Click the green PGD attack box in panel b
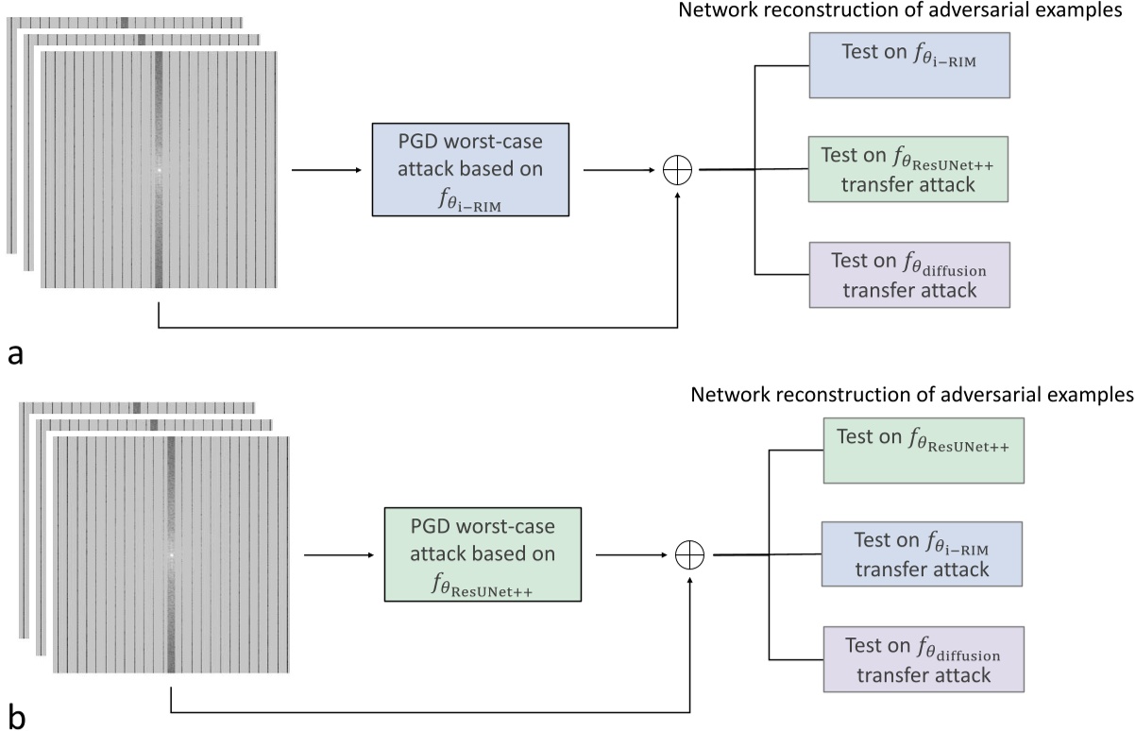(482, 553)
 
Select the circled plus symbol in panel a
(678, 170)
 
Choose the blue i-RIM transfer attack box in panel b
(922, 554)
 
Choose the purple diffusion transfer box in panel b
(922, 658)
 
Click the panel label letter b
(16, 717)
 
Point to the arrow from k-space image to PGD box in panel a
(327, 170)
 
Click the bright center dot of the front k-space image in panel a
(159, 170)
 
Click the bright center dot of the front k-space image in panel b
(171, 555)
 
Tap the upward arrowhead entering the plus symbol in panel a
(678, 194)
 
